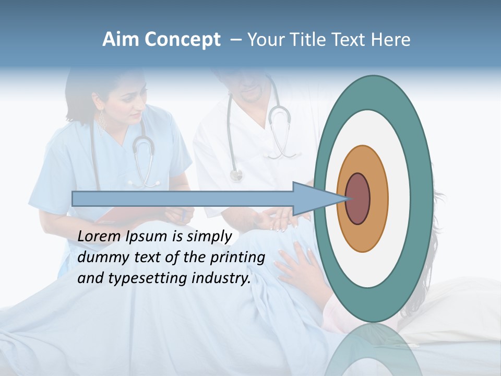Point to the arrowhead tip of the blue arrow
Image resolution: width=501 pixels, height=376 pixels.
point(347,198)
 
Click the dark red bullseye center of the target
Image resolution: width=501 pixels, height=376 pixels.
point(359,198)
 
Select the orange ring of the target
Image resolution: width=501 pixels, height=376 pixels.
point(378,198)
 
